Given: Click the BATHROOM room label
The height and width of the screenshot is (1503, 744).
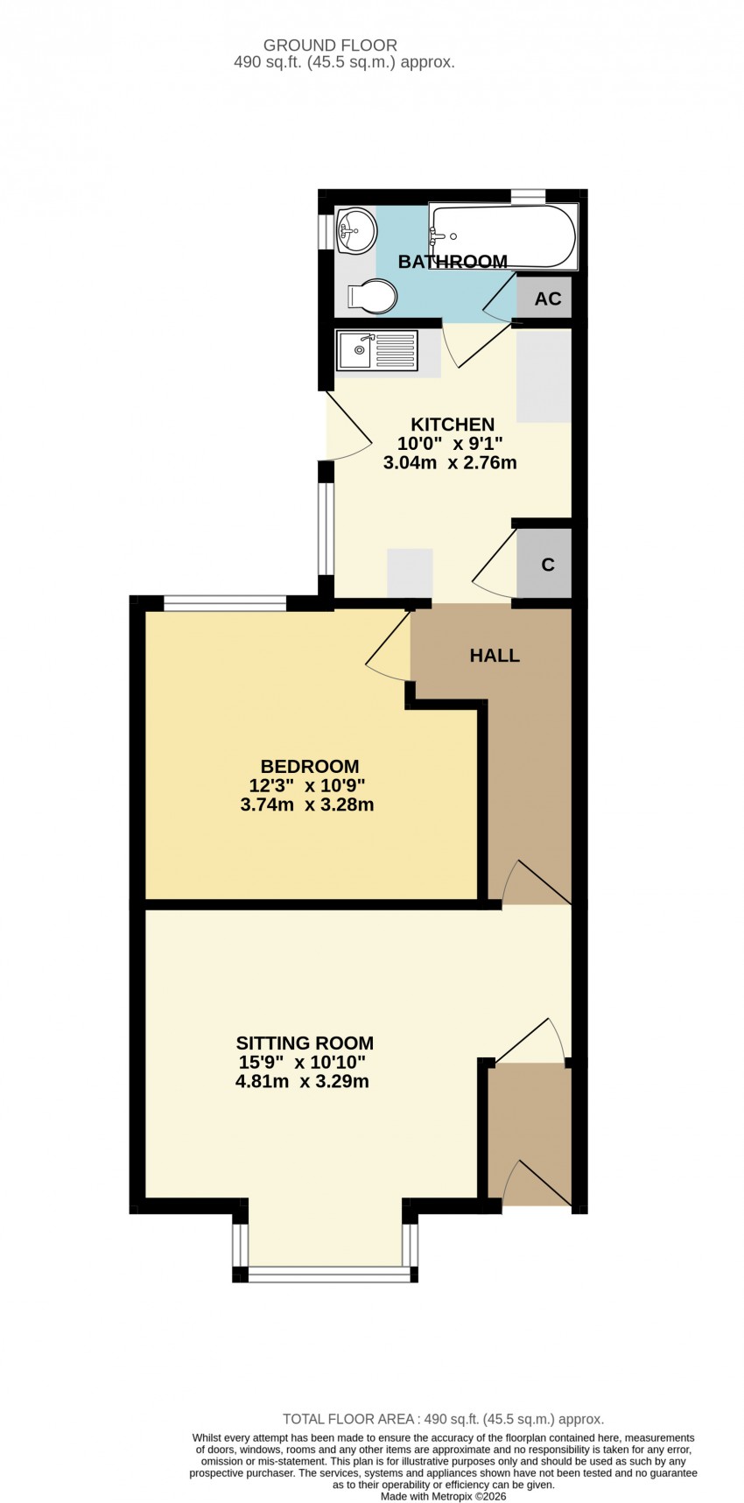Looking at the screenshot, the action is (x=453, y=261).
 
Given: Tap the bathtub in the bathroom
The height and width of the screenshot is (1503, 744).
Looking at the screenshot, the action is (x=503, y=236).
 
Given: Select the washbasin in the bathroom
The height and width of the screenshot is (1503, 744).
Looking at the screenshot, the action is (x=354, y=231).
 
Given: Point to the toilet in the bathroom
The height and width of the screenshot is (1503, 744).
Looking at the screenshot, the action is (x=371, y=296).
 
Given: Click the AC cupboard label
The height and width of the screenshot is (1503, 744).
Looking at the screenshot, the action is (x=548, y=298).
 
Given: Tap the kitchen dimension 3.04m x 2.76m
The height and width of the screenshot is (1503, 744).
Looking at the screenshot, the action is (x=450, y=463).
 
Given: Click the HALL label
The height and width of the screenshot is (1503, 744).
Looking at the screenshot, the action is (x=495, y=655).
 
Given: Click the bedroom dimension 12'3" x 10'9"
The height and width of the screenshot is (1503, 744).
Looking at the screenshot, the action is (x=307, y=785).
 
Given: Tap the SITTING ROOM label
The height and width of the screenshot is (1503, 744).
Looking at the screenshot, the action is (x=305, y=1043).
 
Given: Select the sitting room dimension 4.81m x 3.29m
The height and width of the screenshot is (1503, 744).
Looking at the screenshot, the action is (x=302, y=1081).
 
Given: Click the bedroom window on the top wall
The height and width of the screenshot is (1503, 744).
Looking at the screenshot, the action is (x=225, y=602).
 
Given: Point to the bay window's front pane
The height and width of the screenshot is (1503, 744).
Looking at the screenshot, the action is (x=329, y=1274).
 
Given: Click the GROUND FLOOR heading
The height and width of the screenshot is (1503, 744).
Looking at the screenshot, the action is (x=330, y=46).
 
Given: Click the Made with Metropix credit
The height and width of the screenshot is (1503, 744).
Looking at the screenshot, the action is (x=443, y=1496).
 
